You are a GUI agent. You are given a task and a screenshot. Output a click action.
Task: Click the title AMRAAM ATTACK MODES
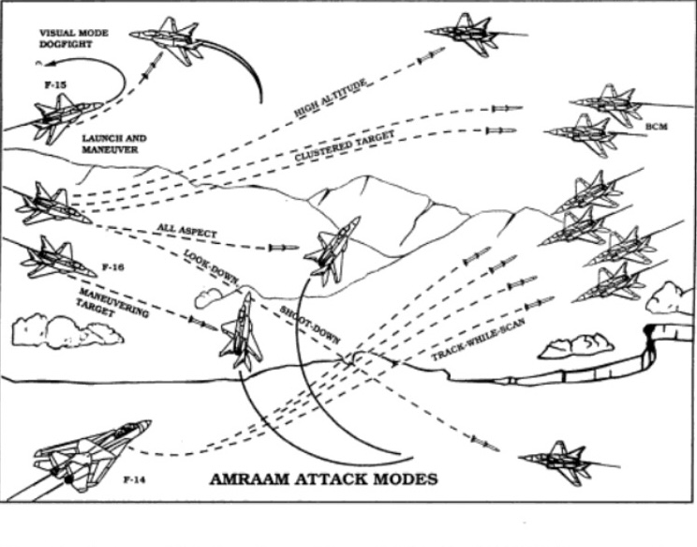323,479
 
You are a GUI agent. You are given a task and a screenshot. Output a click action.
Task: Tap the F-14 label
135,479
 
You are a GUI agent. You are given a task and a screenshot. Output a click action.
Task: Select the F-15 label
55,84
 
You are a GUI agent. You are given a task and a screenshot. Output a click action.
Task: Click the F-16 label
113,267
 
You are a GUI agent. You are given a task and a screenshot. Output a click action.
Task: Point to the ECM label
657,127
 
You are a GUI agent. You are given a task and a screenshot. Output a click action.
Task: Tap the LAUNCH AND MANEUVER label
114,144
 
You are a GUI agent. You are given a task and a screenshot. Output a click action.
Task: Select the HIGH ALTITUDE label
331,98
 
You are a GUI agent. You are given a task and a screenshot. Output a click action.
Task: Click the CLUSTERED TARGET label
345,146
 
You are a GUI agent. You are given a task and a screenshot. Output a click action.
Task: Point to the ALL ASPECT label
186,230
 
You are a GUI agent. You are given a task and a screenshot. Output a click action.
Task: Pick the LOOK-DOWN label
212,266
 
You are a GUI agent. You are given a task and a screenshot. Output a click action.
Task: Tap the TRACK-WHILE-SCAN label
479,339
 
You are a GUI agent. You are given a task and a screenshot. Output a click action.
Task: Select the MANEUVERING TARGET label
112,303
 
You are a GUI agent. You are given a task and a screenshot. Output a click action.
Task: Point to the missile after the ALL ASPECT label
284,248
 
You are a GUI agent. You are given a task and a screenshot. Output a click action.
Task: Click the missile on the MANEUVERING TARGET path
202,324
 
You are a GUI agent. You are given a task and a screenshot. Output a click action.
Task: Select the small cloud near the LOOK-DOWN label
209,297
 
